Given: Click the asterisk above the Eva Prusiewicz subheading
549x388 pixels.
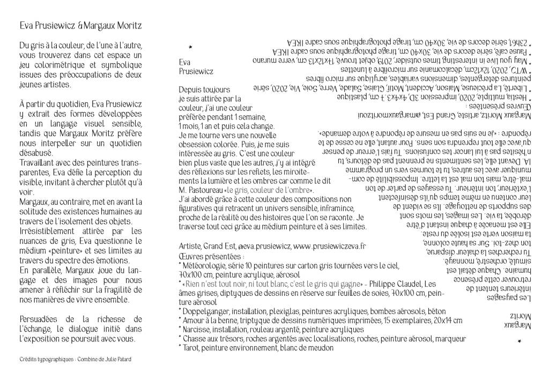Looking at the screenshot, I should [191, 47].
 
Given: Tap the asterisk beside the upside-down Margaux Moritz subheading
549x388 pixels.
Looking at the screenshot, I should [519, 341].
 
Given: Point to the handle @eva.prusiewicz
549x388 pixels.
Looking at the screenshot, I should [259, 246].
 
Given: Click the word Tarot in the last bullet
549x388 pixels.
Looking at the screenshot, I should [192, 348].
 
